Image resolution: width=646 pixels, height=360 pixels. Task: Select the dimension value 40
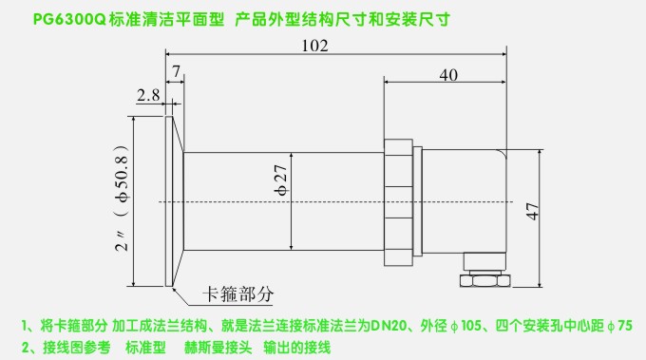point(448,74)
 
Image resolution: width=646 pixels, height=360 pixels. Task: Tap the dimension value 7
point(176,71)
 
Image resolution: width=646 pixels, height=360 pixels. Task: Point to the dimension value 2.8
point(147,95)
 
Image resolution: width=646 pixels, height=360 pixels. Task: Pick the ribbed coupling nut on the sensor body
point(400,201)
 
